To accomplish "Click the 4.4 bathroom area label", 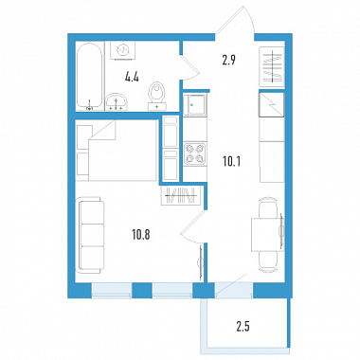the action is pos(132,77).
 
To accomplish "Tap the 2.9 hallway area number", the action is pos(229,60).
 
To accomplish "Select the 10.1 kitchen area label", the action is pos(231,162).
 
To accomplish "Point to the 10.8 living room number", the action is pos(141,235).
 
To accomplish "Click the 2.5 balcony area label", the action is pos(243,327).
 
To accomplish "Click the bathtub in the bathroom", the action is pos(90,76).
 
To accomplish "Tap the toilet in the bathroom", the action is pos(157,96).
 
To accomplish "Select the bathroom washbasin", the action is pos(117,101).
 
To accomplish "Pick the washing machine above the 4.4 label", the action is pos(122,49).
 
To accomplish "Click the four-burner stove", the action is pos(195,153).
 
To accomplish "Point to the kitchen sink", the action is pos(195,105).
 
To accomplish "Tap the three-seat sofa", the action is pos(91,235).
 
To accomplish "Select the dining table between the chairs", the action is pos(267,234).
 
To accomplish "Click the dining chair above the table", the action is pos(268,207).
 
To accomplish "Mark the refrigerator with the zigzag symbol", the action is pos(272,105).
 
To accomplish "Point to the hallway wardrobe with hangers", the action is pos(272,65).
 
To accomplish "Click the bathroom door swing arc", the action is pos(192,68).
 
